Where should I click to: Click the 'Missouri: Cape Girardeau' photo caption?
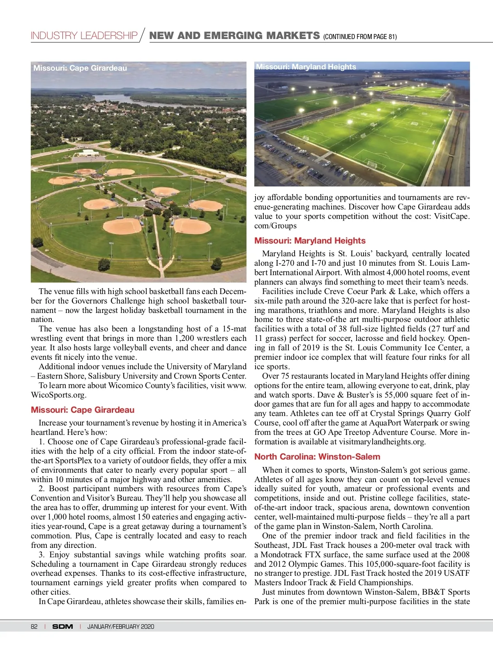coord(80,68)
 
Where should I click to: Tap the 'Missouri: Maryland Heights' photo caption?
coord(306,67)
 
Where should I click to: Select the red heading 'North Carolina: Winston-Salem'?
coord(317,457)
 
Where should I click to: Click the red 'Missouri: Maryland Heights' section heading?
coord(310,241)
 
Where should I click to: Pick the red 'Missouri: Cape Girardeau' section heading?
coord(83,410)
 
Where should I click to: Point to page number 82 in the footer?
coord(34,626)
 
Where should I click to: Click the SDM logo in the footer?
coord(62,626)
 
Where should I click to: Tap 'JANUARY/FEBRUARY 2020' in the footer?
coord(121,626)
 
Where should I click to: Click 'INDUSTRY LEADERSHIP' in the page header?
coord(84,36)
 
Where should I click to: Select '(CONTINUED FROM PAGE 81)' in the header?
coord(360,37)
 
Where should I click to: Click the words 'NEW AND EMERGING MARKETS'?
coord(234,36)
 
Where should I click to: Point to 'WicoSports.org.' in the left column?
coord(58,395)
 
